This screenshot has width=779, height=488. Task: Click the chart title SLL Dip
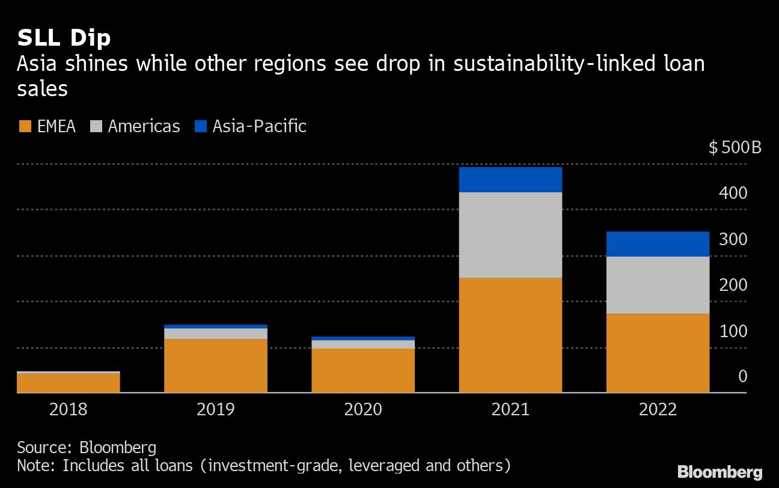pyautogui.click(x=64, y=38)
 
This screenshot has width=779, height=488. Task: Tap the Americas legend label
pyautogui.click(x=144, y=127)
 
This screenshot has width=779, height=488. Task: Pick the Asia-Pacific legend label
pyautogui.click(x=259, y=127)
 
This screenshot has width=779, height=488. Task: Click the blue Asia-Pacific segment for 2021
pyautogui.click(x=510, y=180)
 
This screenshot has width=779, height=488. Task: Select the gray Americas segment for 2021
pyautogui.click(x=510, y=235)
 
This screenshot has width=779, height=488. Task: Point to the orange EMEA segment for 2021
pyautogui.click(x=510, y=335)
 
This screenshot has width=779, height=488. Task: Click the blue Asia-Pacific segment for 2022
pyautogui.click(x=658, y=244)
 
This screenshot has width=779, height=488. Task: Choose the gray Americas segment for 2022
pyautogui.click(x=658, y=285)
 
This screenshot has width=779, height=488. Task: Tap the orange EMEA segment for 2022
pyautogui.click(x=658, y=353)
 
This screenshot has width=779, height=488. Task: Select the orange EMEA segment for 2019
pyautogui.click(x=215, y=365)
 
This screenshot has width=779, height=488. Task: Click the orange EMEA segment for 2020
pyautogui.click(x=362, y=370)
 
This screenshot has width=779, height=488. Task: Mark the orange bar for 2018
pyautogui.click(x=68, y=383)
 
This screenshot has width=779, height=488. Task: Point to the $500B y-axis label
pyautogui.click(x=735, y=148)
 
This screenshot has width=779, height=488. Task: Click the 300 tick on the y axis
pyautogui.click(x=734, y=239)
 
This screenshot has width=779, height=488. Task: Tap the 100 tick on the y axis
pyautogui.click(x=734, y=331)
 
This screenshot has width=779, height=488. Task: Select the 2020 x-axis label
pyautogui.click(x=362, y=410)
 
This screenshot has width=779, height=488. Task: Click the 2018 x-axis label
pyautogui.click(x=68, y=410)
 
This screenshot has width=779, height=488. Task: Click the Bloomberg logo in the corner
pyautogui.click(x=719, y=472)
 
